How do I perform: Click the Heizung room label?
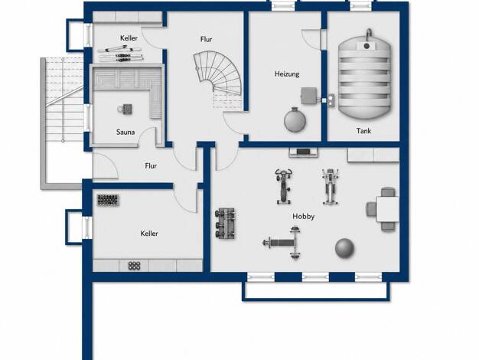click(x=287, y=74)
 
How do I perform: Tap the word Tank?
click(x=363, y=131)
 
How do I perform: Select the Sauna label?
click(x=125, y=133)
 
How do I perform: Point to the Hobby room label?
click(x=303, y=217)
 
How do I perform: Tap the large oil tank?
click(x=364, y=74)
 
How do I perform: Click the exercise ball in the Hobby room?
click(x=344, y=248)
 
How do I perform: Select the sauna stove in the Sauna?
click(x=125, y=109)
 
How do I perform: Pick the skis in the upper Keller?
click(x=120, y=54)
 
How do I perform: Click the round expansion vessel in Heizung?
click(x=295, y=120)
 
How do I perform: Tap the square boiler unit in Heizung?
click(x=309, y=96)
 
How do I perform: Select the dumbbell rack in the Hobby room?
click(x=225, y=224)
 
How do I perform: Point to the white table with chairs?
click(x=383, y=209)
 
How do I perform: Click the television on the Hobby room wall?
click(x=303, y=152)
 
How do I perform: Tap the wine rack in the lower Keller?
click(x=108, y=200)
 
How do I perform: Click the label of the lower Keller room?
click(x=149, y=234)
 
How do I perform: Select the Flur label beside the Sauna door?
click(x=151, y=165)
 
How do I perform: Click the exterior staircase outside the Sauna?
click(x=63, y=123)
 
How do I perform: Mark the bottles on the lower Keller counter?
click(x=135, y=266)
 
